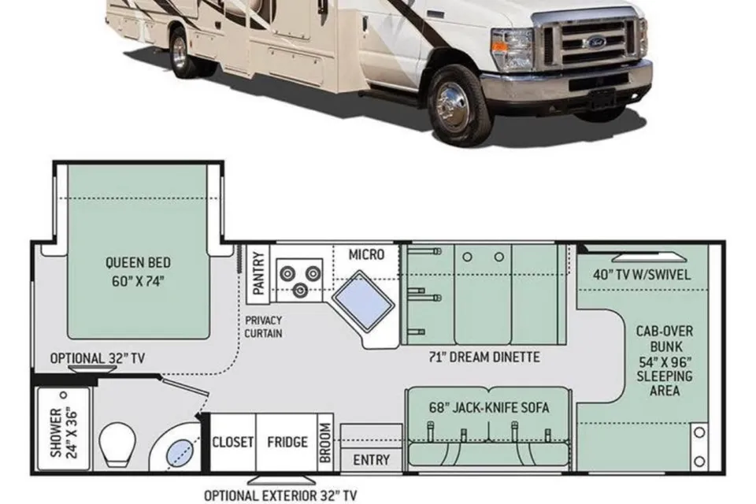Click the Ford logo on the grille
596,42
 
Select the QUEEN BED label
138,263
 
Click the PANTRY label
258,273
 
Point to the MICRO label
366,254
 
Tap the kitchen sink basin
362,301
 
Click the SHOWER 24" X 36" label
64,432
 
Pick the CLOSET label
233,442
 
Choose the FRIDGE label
287,442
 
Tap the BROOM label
325,443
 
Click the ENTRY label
371,460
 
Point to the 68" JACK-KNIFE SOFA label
489,408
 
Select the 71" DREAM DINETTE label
484,357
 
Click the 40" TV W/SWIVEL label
642,274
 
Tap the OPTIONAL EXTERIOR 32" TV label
280,495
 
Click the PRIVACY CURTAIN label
263,327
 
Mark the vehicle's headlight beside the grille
513,48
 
